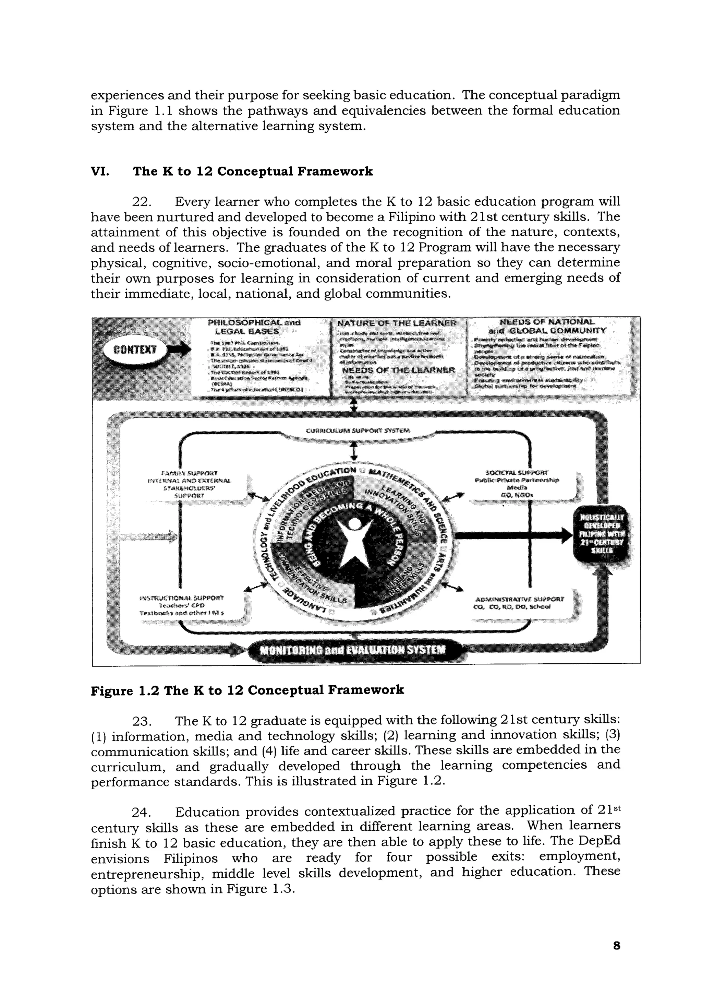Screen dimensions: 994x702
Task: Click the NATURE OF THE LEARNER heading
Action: click(396, 323)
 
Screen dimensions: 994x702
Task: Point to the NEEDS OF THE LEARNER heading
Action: click(398, 370)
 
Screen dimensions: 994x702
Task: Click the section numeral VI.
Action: click(100, 171)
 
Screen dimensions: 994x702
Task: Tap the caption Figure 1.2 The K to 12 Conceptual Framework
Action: click(247, 690)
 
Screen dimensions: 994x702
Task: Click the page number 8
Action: click(616, 946)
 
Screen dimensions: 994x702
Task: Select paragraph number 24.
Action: click(141, 812)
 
